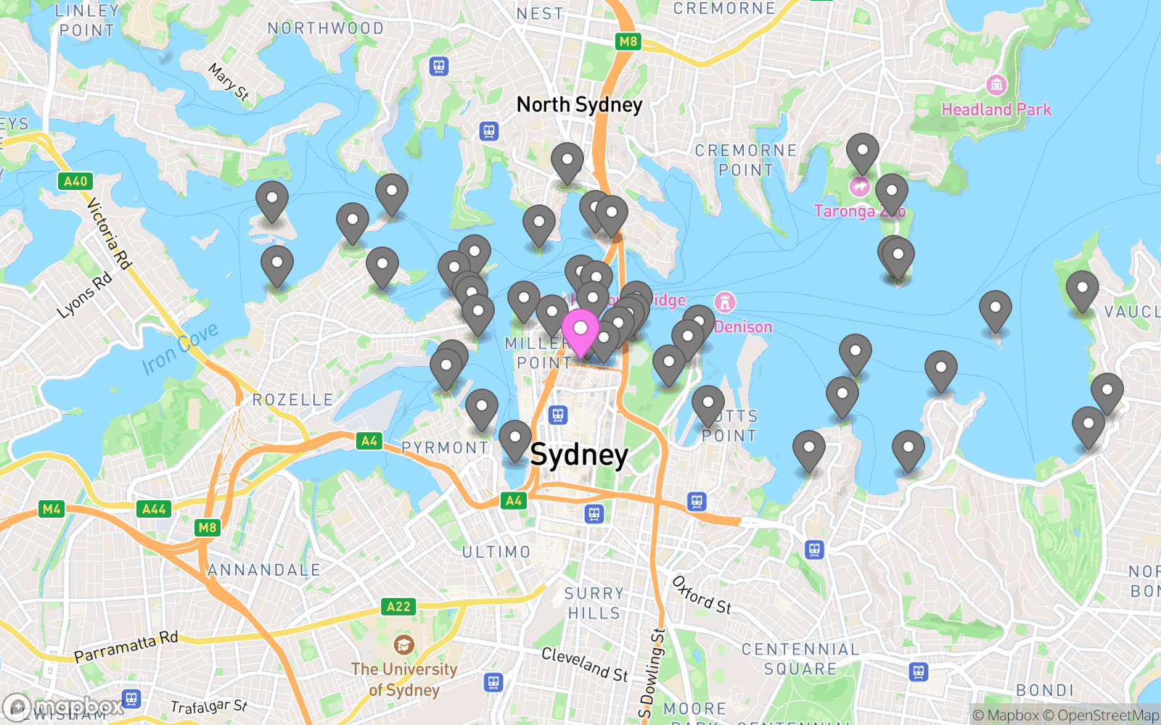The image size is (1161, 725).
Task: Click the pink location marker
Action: [x=580, y=331]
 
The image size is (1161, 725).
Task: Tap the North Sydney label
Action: [x=579, y=105]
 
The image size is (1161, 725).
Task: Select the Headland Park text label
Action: [x=996, y=109]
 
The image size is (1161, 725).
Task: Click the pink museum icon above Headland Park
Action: [x=996, y=85]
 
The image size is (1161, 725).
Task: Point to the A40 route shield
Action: [x=75, y=181]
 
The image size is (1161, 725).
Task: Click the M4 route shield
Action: [x=52, y=509]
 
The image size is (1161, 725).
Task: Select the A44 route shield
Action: [x=154, y=509]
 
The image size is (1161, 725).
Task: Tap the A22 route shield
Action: [x=398, y=606]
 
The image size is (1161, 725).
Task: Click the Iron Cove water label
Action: [x=180, y=349]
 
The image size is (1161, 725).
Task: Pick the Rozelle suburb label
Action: [x=293, y=400]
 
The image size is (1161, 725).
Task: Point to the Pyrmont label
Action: [x=446, y=448]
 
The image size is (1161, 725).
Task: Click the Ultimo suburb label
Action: [x=496, y=552]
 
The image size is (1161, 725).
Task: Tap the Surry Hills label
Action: [x=594, y=603]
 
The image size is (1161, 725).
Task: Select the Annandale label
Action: [x=264, y=571]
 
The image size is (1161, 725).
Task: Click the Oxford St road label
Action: [x=701, y=595]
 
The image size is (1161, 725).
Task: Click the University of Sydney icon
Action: [x=403, y=644]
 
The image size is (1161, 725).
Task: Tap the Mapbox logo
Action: [x=64, y=706]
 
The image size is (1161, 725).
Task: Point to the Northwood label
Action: [x=326, y=28]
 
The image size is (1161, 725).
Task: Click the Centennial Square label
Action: [x=800, y=659]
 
